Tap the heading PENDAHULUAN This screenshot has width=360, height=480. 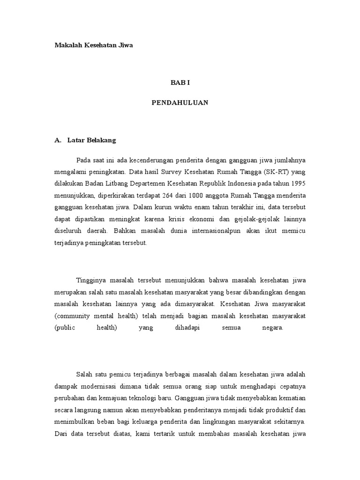[x=180, y=103]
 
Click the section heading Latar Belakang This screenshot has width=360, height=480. [x=91, y=140]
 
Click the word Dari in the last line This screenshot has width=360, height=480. [x=60, y=435]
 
